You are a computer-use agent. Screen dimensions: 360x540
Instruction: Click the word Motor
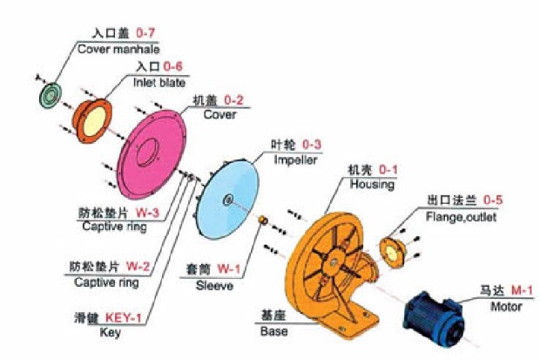pyautogui.click(x=507, y=307)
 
